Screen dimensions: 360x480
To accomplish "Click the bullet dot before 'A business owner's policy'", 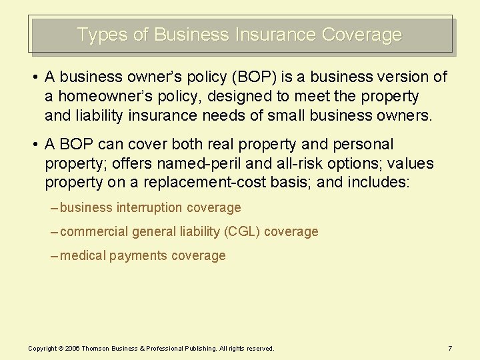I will [x=33, y=78].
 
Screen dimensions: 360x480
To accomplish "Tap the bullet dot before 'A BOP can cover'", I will [x=33, y=145].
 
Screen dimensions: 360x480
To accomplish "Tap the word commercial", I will [x=94, y=232].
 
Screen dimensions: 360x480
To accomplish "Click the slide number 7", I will [x=451, y=348].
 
